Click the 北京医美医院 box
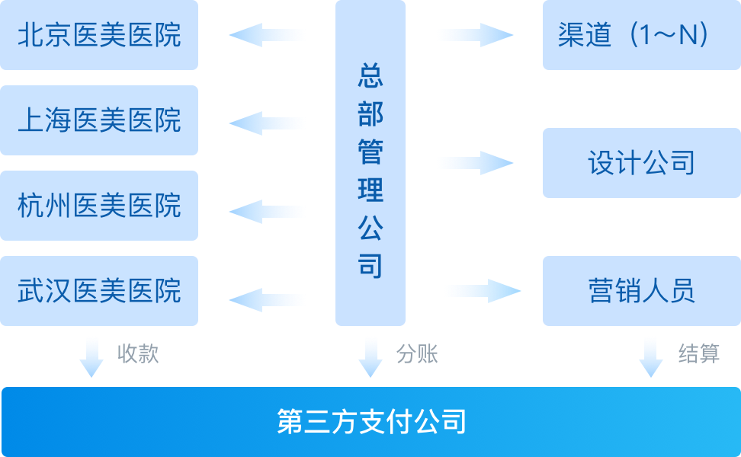(99, 35)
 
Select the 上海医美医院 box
(99, 120)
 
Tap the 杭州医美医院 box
(99, 206)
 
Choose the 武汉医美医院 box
(99, 291)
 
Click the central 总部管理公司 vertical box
(370, 163)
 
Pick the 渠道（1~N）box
(641, 35)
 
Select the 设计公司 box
(641, 163)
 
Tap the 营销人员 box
(641, 291)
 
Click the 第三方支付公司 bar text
(370, 422)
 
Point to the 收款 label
(138, 354)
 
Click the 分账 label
(417, 354)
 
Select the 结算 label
(699, 354)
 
